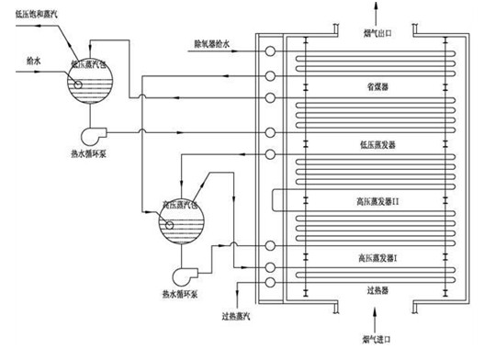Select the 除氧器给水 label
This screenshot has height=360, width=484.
click(x=212, y=42)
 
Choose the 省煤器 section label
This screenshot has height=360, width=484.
click(x=375, y=87)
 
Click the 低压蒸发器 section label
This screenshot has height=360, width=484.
click(x=375, y=144)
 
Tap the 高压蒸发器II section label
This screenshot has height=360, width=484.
click(x=377, y=200)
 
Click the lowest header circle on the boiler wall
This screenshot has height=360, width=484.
click(x=270, y=282)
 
